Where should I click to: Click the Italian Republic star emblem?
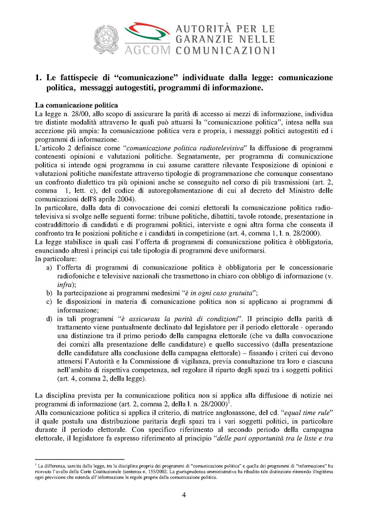[106, 40]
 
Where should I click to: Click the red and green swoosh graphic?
[147, 32]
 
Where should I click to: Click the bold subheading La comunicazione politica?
[76, 105]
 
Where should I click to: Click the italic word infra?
[64, 285]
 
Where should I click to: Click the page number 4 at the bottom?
[184, 495]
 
